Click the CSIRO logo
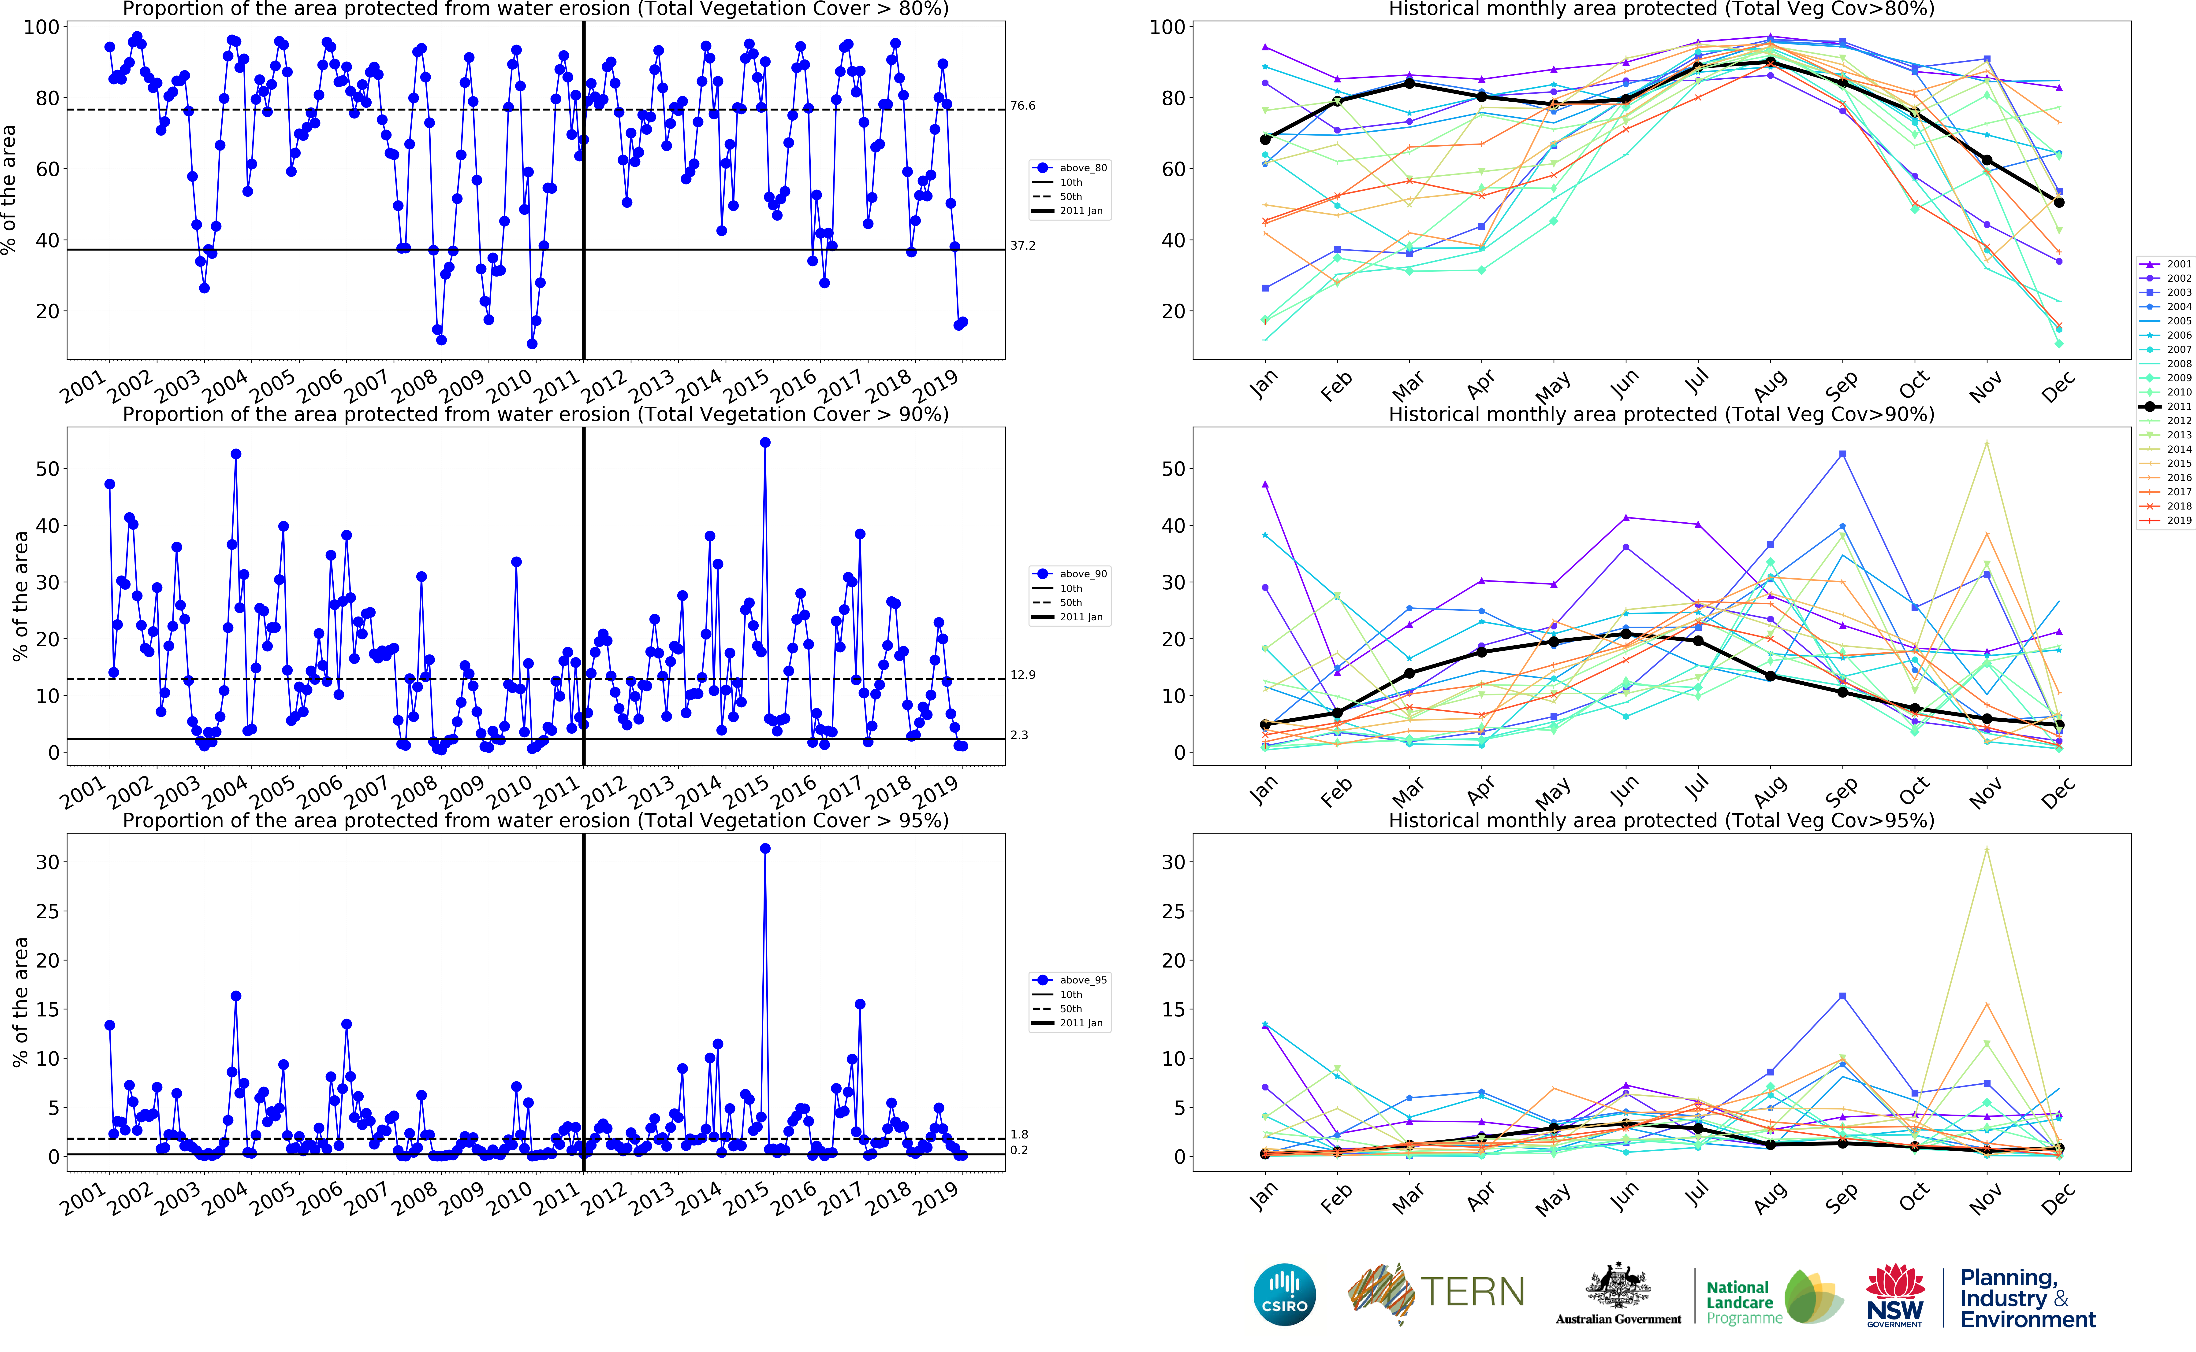point(1285,1294)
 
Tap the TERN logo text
point(1471,1292)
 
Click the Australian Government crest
point(1618,1288)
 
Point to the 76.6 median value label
point(1022,106)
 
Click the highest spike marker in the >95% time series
point(765,849)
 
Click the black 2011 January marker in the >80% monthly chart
point(1265,140)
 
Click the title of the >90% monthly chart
point(1661,414)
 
